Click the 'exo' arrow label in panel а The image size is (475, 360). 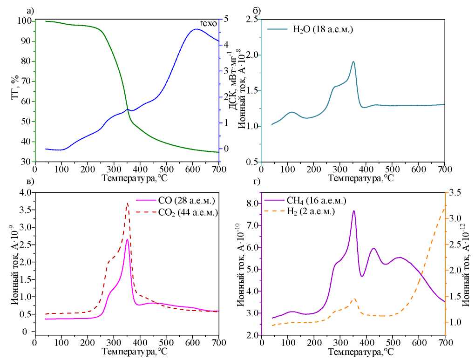(x=208, y=24)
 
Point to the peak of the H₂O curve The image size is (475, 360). (x=353, y=61)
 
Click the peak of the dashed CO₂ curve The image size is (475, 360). (x=128, y=203)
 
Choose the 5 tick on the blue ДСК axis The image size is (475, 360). (x=226, y=19)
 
